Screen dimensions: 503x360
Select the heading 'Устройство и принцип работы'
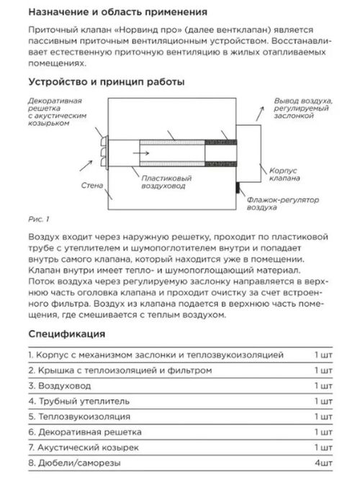pyautogui.click(x=103, y=82)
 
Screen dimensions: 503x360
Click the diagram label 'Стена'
pyautogui.click(x=91, y=185)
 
